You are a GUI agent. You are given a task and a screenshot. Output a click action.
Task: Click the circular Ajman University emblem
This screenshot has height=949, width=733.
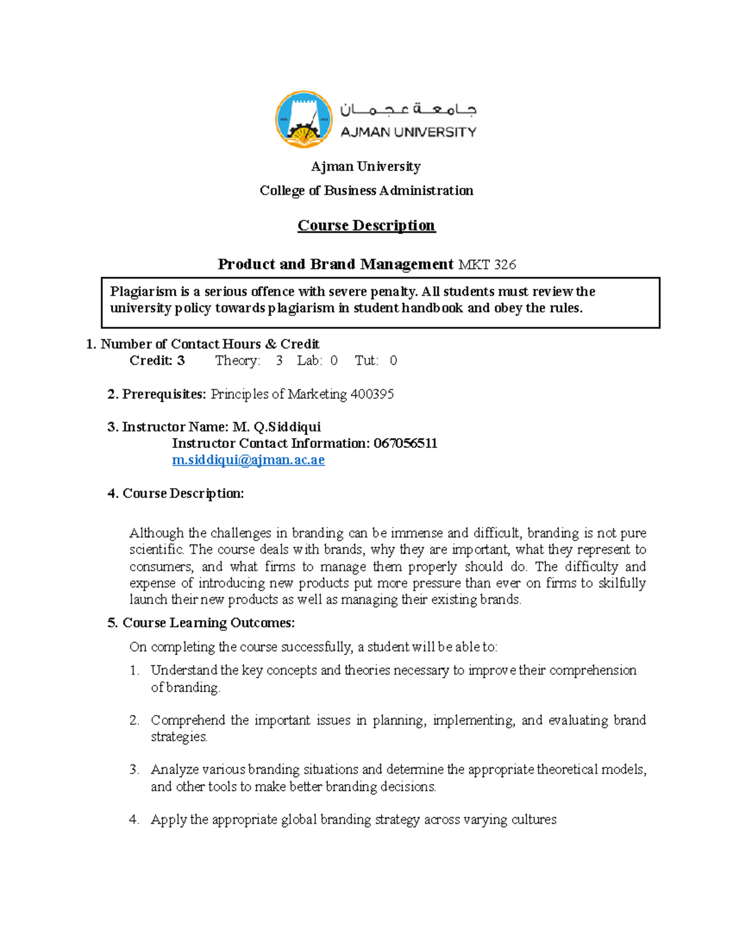[x=304, y=120]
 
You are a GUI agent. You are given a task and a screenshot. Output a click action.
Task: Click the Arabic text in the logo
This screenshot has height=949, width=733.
[x=408, y=110]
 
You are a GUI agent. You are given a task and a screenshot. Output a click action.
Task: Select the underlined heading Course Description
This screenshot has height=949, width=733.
[x=366, y=225]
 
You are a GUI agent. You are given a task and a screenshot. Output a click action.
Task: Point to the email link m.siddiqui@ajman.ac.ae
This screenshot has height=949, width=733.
[x=248, y=460]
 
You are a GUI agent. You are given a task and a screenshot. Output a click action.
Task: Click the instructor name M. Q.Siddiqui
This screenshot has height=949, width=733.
[x=277, y=427]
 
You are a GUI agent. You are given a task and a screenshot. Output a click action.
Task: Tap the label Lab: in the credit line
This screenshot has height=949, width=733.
[x=309, y=361]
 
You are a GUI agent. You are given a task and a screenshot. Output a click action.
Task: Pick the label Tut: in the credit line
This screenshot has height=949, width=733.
[x=366, y=361]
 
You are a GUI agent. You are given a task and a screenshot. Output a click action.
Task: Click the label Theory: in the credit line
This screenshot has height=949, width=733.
[x=238, y=361]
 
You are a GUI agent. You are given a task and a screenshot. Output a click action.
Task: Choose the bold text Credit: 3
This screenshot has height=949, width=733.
[x=157, y=361]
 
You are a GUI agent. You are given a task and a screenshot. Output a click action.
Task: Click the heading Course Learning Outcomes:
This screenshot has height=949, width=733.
[x=208, y=623]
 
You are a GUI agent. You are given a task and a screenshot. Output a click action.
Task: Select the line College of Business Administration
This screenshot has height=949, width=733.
[x=366, y=191]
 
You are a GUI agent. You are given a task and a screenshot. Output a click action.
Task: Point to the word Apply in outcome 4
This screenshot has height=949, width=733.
[x=168, y=819]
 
